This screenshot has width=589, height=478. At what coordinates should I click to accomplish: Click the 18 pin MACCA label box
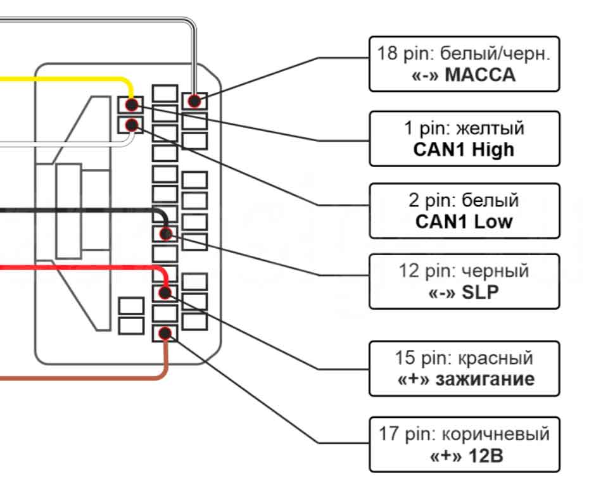(464, 63)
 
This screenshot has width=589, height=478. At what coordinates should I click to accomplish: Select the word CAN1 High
(464, 149)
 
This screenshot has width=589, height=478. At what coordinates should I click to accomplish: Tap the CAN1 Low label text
(464, 222)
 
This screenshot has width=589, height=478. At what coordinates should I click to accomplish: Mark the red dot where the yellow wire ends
(131, 104)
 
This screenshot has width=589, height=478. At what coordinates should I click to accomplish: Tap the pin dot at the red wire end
(165, 292)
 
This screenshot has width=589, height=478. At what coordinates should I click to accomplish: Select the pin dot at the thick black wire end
(166, 234)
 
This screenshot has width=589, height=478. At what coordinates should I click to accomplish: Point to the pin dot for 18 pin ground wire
(194, 100)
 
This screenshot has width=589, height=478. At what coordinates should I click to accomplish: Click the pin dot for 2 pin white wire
(131, 124)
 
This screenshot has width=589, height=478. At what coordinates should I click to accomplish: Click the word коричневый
(495, 435)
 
